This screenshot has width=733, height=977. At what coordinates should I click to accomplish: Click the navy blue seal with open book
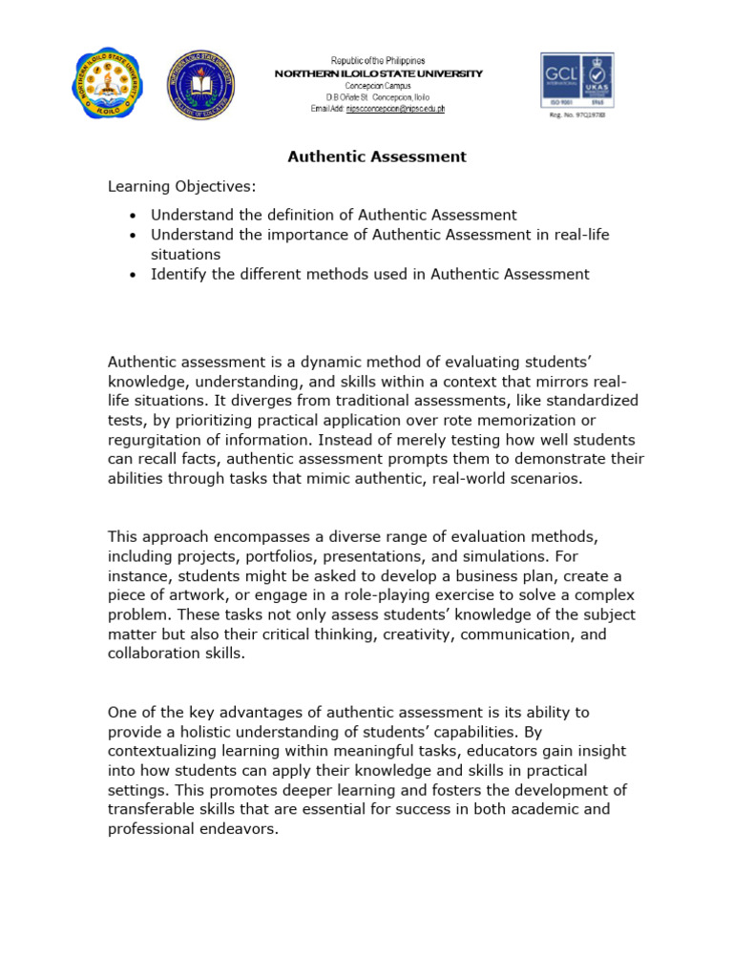201,85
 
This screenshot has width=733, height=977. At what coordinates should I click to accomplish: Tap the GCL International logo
559,80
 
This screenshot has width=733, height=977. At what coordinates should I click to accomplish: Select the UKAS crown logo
596,80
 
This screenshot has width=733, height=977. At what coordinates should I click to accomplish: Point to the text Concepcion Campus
378,86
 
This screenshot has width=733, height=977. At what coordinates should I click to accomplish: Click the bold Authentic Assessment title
378,156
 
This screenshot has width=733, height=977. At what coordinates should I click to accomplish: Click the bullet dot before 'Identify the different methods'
132,275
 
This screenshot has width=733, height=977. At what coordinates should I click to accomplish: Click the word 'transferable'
153,809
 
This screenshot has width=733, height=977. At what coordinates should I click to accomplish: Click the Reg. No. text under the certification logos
576,114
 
